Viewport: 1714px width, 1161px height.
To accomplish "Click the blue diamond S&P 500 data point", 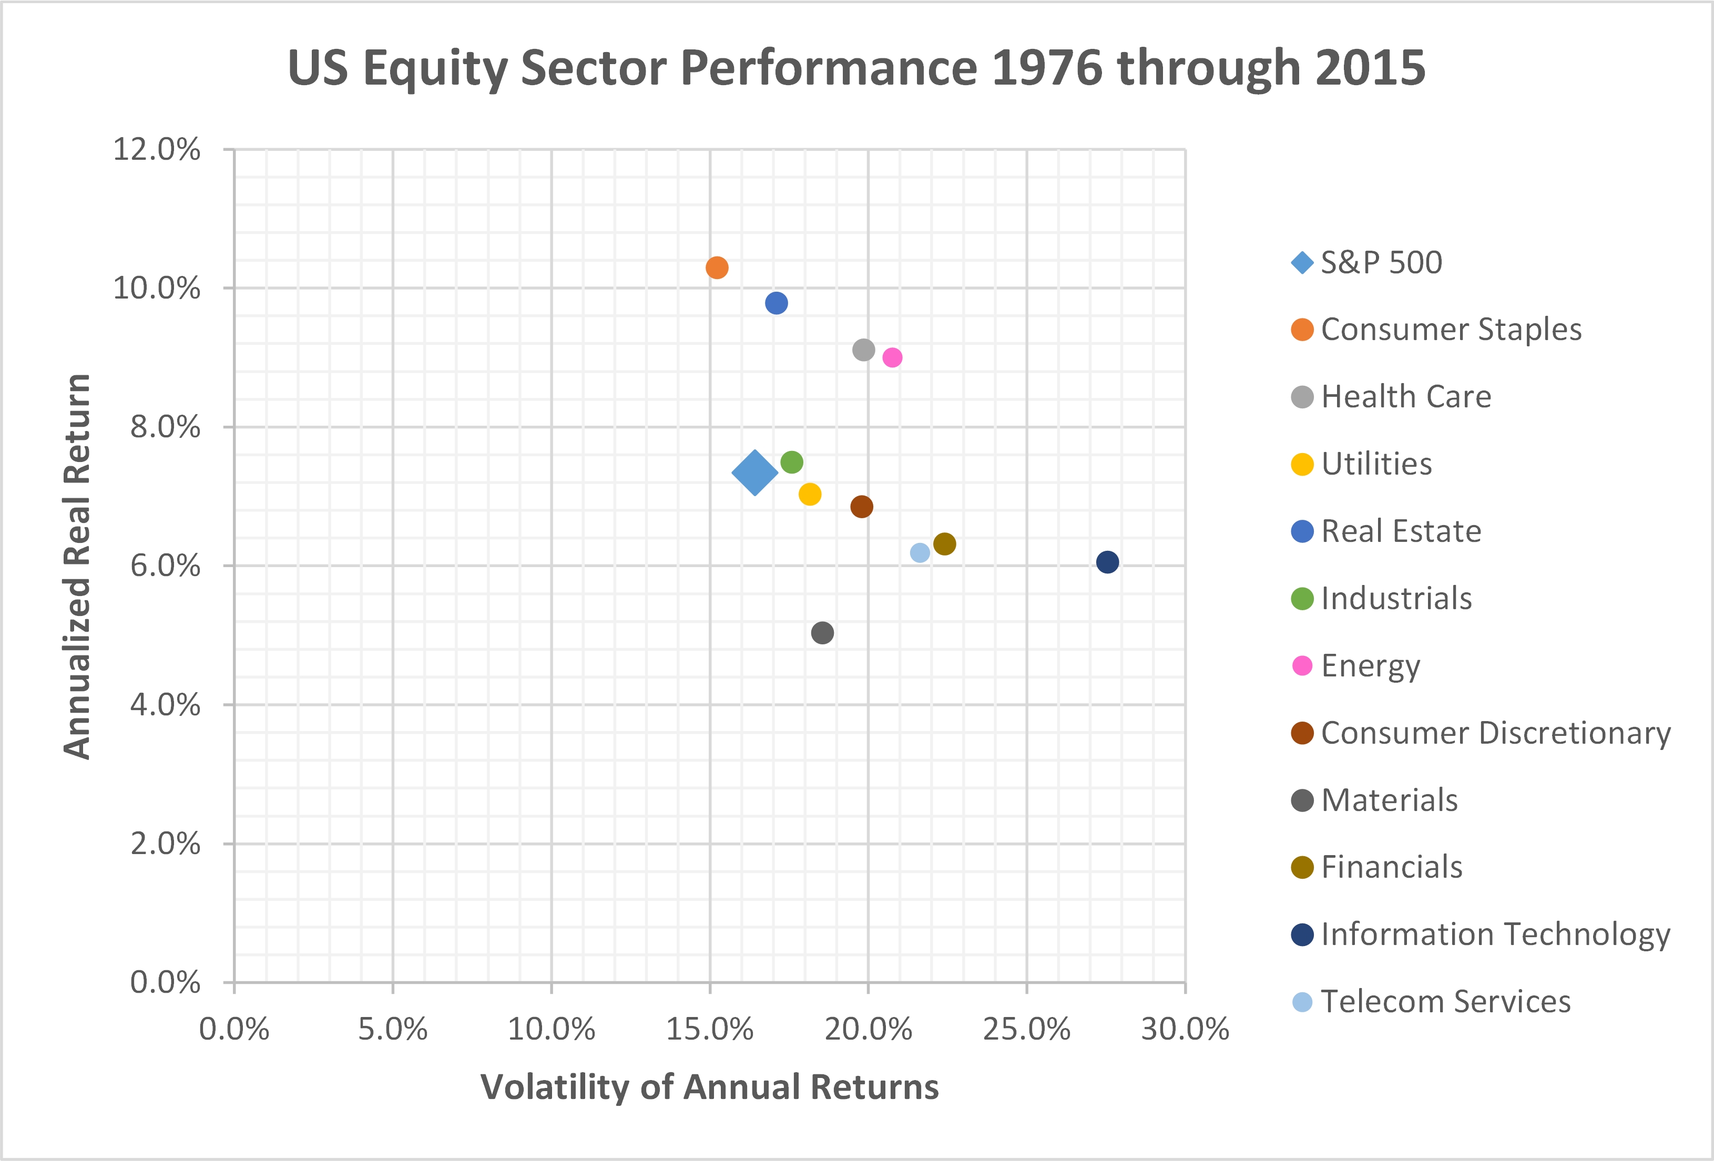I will (x=754, y=472).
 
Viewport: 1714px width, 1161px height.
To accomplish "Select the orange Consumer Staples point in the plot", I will (x=717, y=268).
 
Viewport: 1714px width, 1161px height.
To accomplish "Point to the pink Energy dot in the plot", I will (x=892, y=357).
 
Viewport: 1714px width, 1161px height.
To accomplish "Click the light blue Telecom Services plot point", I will (x=920, y=553).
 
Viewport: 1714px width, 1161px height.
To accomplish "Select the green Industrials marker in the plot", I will (x=791, y=462).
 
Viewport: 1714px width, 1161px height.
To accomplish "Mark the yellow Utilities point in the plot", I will (x=810, y=494).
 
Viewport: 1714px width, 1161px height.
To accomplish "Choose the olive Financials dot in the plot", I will (x=945, y=544).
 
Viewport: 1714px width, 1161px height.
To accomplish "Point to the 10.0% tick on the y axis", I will (x=156, y=288).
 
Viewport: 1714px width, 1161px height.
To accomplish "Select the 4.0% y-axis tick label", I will (x=165, y=705).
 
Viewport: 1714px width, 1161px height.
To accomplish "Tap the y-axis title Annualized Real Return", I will (x=77, y=566).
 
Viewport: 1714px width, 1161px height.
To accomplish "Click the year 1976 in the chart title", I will (x=1047, y=68).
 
